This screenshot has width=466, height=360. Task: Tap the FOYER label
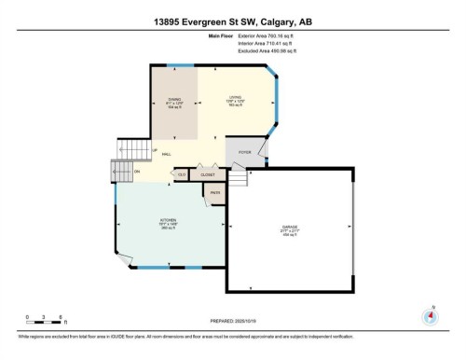tap(244, 151)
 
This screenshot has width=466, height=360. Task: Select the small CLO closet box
tap(182, 173)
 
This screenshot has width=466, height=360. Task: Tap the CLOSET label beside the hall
tap(208, 173)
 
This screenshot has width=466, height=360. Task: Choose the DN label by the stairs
tap(137, 171)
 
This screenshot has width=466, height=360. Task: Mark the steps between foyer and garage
tap(240, 178)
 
